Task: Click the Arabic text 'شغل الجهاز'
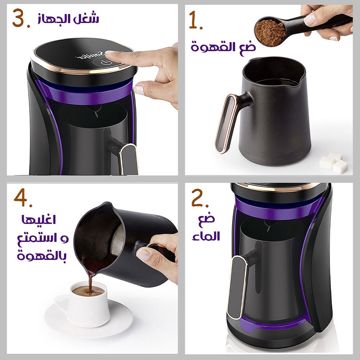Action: [68, 18]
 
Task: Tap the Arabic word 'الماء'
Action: [206, 236]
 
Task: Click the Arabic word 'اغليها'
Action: [39, 220]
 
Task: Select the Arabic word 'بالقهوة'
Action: [42, 255]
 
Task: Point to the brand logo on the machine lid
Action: [90, 55]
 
